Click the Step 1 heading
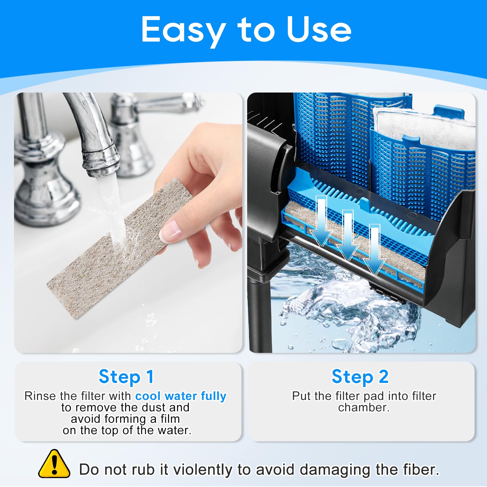coord(126,377)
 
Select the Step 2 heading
coord(360,377)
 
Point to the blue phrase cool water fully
coord(180,396)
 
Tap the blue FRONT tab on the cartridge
coord(449,113)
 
